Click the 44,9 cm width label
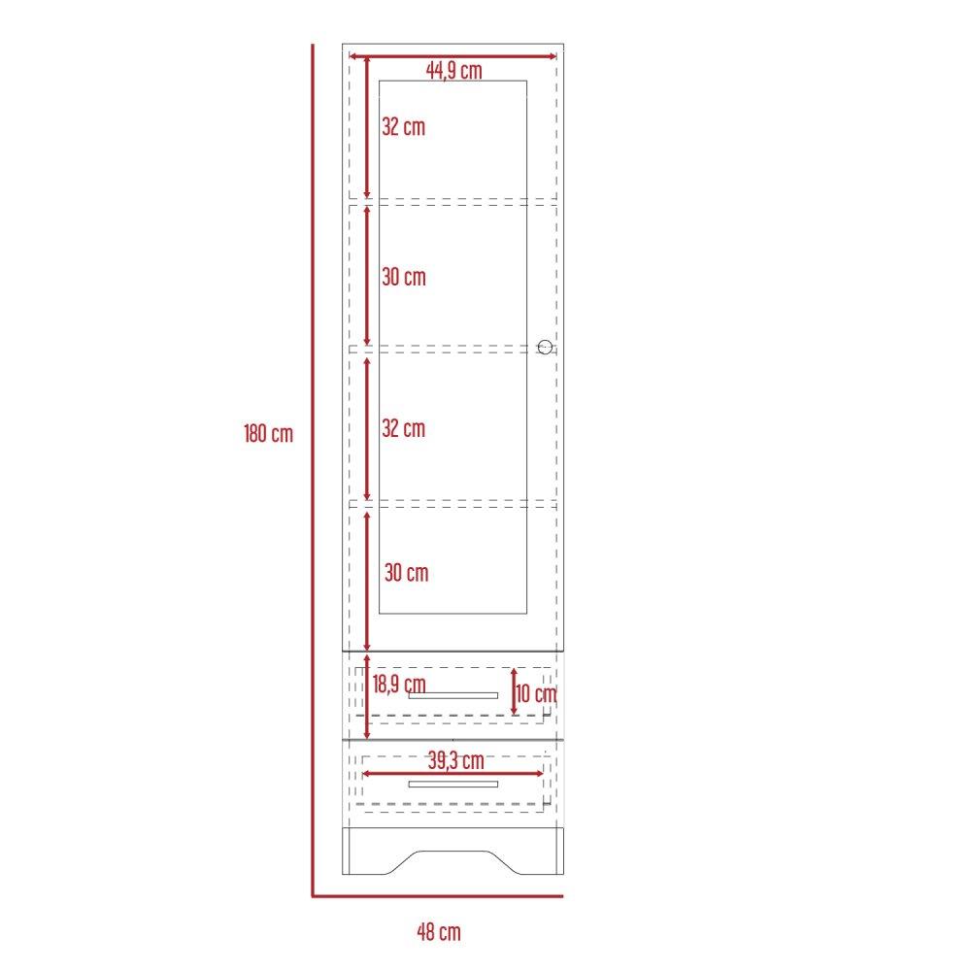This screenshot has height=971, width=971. tap(453, 71)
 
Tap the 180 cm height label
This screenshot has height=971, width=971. tap(268, 434)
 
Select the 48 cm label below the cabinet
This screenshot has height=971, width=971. tap(439, 933)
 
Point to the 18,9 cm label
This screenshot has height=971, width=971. tap(399, 684)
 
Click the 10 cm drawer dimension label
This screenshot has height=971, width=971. tap(537, 693)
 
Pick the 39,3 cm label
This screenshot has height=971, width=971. tap(455, 758)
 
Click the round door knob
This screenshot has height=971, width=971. tap(545, 347)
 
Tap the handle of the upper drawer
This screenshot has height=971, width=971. tap(453, 695)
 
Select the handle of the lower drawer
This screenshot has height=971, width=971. tap(453, 784)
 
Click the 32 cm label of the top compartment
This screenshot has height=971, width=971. tap(403, 126)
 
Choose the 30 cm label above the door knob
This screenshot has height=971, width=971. tap(403, 278)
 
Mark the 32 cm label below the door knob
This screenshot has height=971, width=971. tap(403, 428)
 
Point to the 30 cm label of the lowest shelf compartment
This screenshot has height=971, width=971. tap(406, 573)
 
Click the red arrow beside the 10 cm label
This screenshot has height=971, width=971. tap(515, 690)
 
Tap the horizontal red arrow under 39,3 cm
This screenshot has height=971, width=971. tap(453, 773)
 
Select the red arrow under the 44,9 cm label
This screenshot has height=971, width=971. tap(452, 57)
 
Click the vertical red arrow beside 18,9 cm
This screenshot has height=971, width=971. tap(367, 693)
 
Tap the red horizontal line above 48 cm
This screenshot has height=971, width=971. tap(437, 895)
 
